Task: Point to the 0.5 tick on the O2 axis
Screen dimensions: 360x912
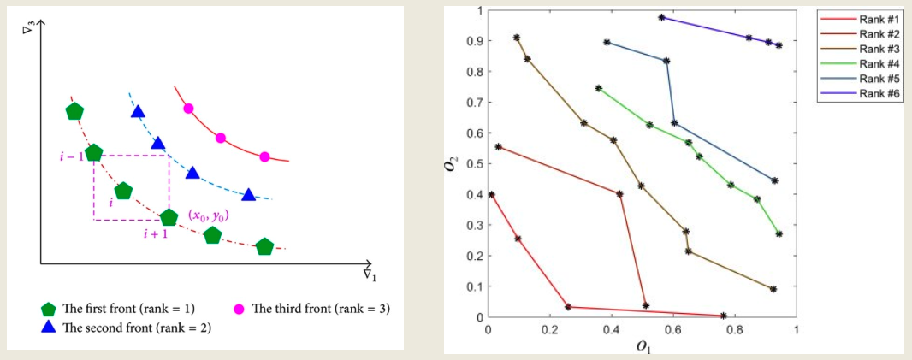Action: pos(476,164)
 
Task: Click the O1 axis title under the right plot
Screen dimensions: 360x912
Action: pos(642,345)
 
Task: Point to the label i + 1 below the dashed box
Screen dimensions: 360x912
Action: pos(156,233)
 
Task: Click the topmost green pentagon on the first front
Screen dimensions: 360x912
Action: pos(74,111)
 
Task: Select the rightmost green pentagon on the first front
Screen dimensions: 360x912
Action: pos(264,247)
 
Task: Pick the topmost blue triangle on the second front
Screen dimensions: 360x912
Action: pos(137,112)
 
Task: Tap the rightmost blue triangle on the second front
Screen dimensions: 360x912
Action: pos(248,194)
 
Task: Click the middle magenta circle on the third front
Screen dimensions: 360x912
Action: pos(220,138)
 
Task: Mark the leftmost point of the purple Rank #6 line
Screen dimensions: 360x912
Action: pos(661,17)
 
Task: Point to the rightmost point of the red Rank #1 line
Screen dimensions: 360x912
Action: pos(724,316)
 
